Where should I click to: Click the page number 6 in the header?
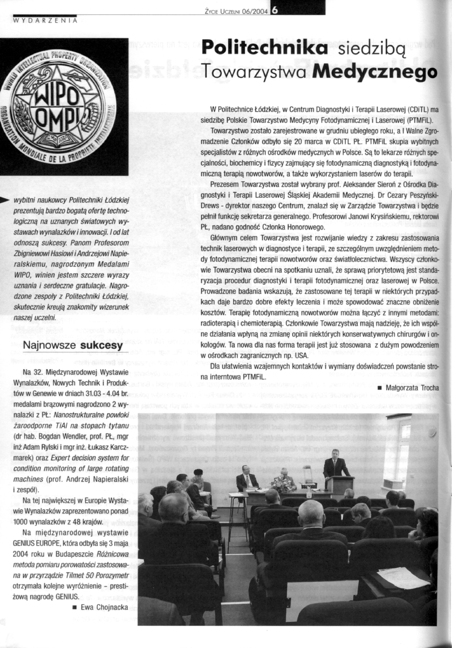click(x=275, y=10)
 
